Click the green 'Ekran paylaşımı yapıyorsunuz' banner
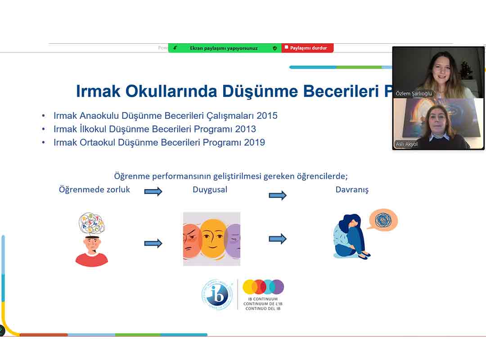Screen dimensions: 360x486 pyautogui.click(x=224, y=48)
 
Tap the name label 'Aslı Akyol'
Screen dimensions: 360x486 pyautogui.click(x=406, y=144)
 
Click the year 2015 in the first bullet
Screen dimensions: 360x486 pyautogui.click(x=268, y=116)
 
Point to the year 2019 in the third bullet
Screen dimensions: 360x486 pyautogui.click(x=256, y=143)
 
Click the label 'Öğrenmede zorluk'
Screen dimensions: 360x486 pyautogui.click(x=94, y=189)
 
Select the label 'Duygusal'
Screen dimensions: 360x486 pyautogui.click(x=210, y=189)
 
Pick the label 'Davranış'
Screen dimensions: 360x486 pyautogui.click(x=352, y=189)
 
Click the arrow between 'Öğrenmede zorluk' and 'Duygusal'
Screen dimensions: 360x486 pyautogui.click(x=153, y=192)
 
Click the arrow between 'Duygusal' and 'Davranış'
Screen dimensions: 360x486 pyautogui.click(x=278, y=195)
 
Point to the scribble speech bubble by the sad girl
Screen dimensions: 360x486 pyautogui.click(x=383, y=220)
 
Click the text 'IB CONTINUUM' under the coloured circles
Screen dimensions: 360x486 pyautogui.click(x=263, y=299)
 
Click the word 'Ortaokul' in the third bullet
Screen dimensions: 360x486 pyautogui.click(x=98, y=143)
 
